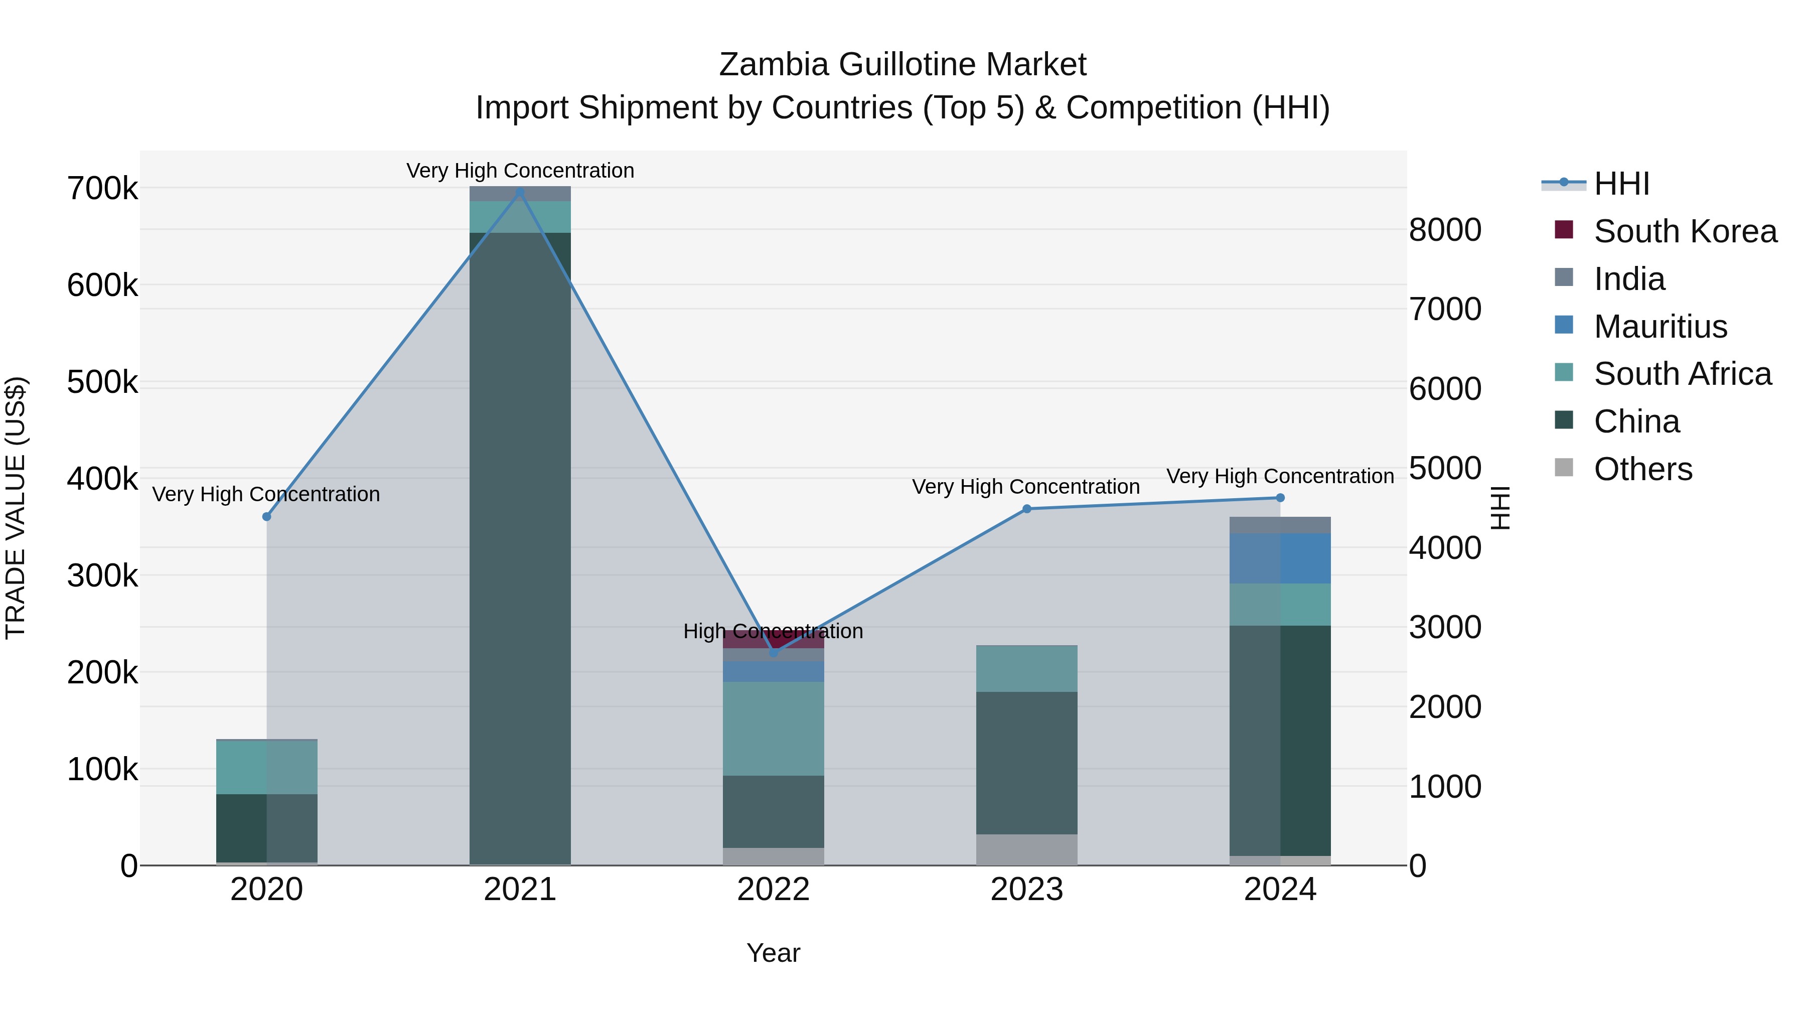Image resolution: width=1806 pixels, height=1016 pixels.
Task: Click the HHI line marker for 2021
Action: click(x=520, y=192)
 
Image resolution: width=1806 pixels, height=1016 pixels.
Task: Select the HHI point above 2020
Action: click(x=266, y=517)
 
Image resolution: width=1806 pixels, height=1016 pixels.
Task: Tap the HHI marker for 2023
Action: click(x=1026, y=509)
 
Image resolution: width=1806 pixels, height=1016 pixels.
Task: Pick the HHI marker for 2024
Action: click(x=1280, y=498)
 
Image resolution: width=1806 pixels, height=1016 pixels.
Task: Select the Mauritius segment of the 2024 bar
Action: click(x=1280, y=558)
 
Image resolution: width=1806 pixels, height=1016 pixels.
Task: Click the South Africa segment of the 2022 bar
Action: click(x=773, y=728)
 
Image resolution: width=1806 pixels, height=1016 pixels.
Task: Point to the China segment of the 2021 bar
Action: click(x=520, y=547)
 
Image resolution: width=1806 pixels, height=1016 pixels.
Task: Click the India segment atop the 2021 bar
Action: click(x=520, y=194)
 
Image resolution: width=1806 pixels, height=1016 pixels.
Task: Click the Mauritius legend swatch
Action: click(x=1564, y=325)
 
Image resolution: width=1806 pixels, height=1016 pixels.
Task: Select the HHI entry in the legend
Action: click(x=1621, y=184)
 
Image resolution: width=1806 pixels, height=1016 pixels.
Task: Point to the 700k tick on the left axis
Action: click(x=102, y=189)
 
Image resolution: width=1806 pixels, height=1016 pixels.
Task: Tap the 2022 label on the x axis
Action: click(x=773, y=890)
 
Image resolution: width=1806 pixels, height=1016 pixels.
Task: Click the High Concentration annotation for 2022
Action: click(x=773, y=631)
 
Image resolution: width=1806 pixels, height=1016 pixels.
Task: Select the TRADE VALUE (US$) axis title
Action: click(x=16, y=508)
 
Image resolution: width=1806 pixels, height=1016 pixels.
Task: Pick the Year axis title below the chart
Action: click(x=773, y=953)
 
